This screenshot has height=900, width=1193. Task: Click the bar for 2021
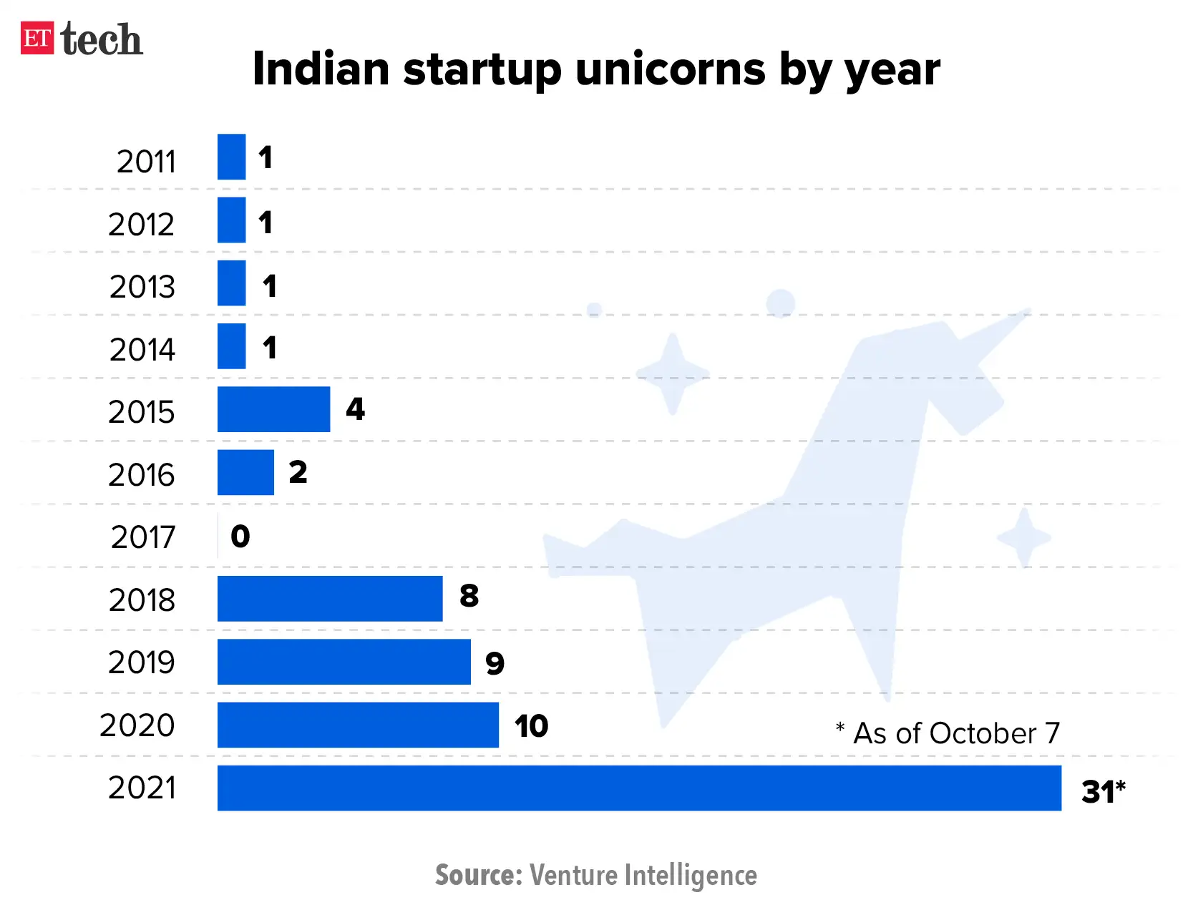(x=639, y=788)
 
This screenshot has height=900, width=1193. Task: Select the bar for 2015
(x=273, y=409)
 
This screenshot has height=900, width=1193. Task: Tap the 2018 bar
(x=330, y=599)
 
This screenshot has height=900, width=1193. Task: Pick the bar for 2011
(x=231, y=157)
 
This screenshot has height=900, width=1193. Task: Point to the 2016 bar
(x=245, y=472)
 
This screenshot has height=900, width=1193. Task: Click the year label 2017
(x=143, y=537)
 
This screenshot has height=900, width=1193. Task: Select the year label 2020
(x=137, y=725)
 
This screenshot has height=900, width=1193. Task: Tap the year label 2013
(x=142, y=287)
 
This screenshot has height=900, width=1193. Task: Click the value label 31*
(x=1103, y=791)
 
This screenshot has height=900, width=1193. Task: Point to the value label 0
(x=240, y=536)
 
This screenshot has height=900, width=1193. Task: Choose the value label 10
(x=531, y=726)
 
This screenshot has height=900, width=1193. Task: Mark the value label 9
(x=495, y=663)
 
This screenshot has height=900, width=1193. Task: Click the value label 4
(x=355, y=409)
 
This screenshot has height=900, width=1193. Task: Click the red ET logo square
(x=37, y=38)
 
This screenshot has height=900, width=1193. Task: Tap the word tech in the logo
(x=102, y=39)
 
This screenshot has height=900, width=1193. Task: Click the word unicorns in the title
(x=670, y=69)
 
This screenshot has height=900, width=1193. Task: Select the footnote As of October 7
(x=948, y=733)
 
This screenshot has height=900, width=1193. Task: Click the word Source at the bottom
(x=479, y=875)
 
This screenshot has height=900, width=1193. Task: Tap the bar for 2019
(x=344, y=662)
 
